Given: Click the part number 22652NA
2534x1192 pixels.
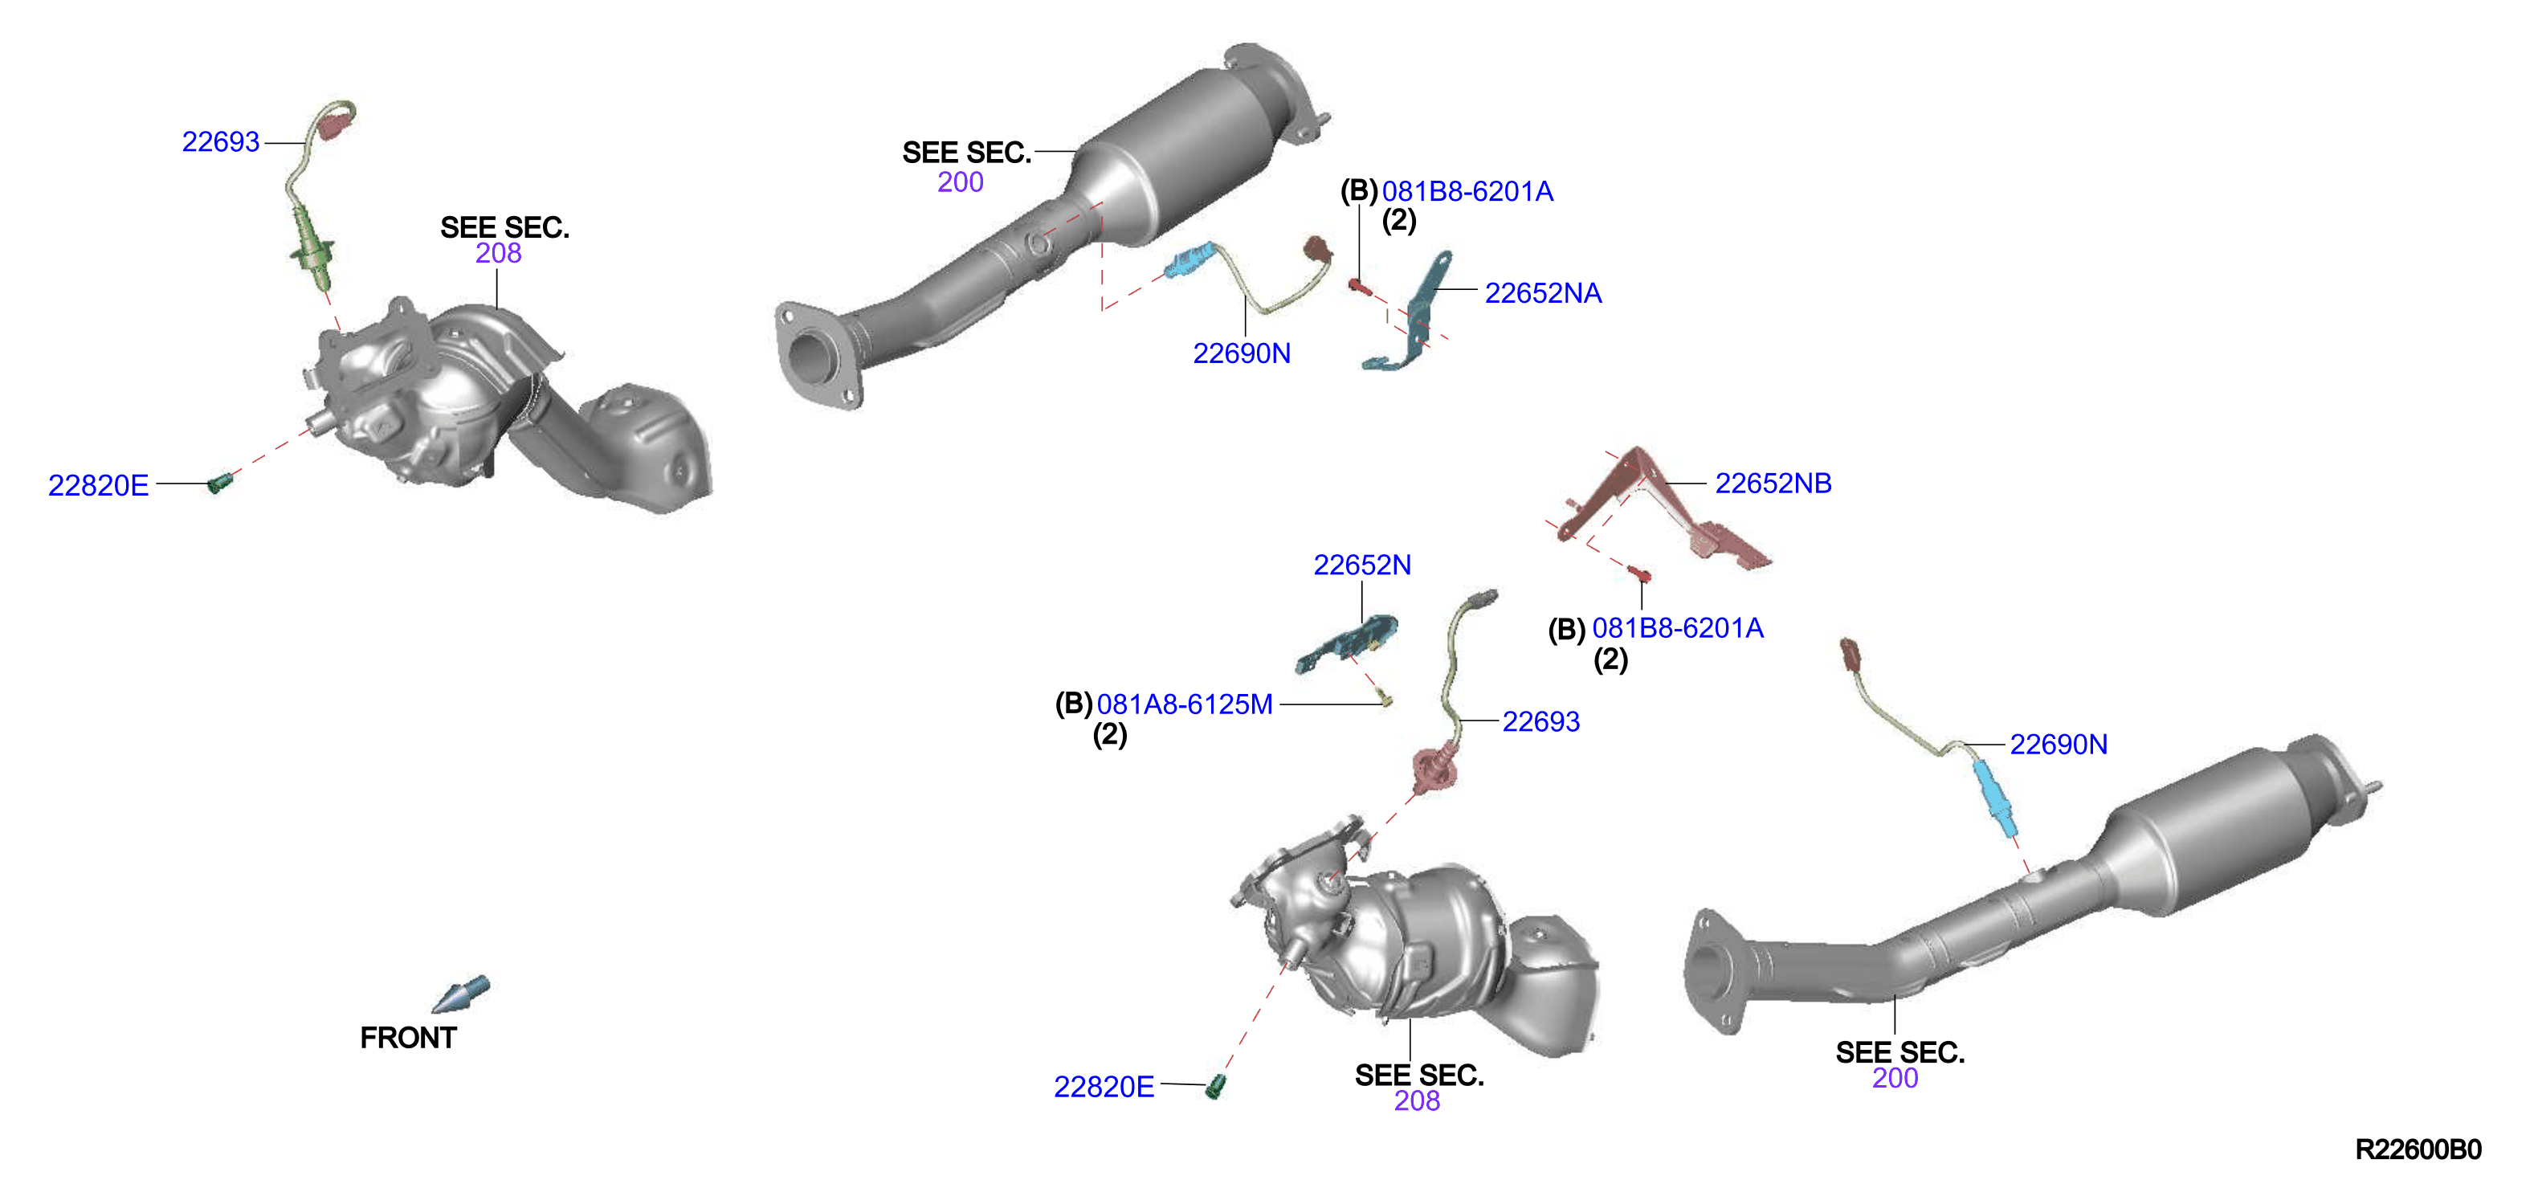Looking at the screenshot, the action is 1542,293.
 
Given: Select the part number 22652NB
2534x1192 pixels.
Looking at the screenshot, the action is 1773,483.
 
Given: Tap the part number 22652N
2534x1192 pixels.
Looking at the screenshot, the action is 1361,565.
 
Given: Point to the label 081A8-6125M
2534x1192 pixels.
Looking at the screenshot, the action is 1185,704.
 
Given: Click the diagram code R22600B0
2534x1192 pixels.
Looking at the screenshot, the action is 2418,1149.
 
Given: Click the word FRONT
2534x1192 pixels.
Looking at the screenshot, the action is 408,1038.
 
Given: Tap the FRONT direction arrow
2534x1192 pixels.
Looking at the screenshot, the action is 460,994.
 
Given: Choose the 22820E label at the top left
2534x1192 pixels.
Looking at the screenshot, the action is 98,485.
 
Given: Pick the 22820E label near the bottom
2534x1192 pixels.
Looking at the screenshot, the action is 1104,1087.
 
